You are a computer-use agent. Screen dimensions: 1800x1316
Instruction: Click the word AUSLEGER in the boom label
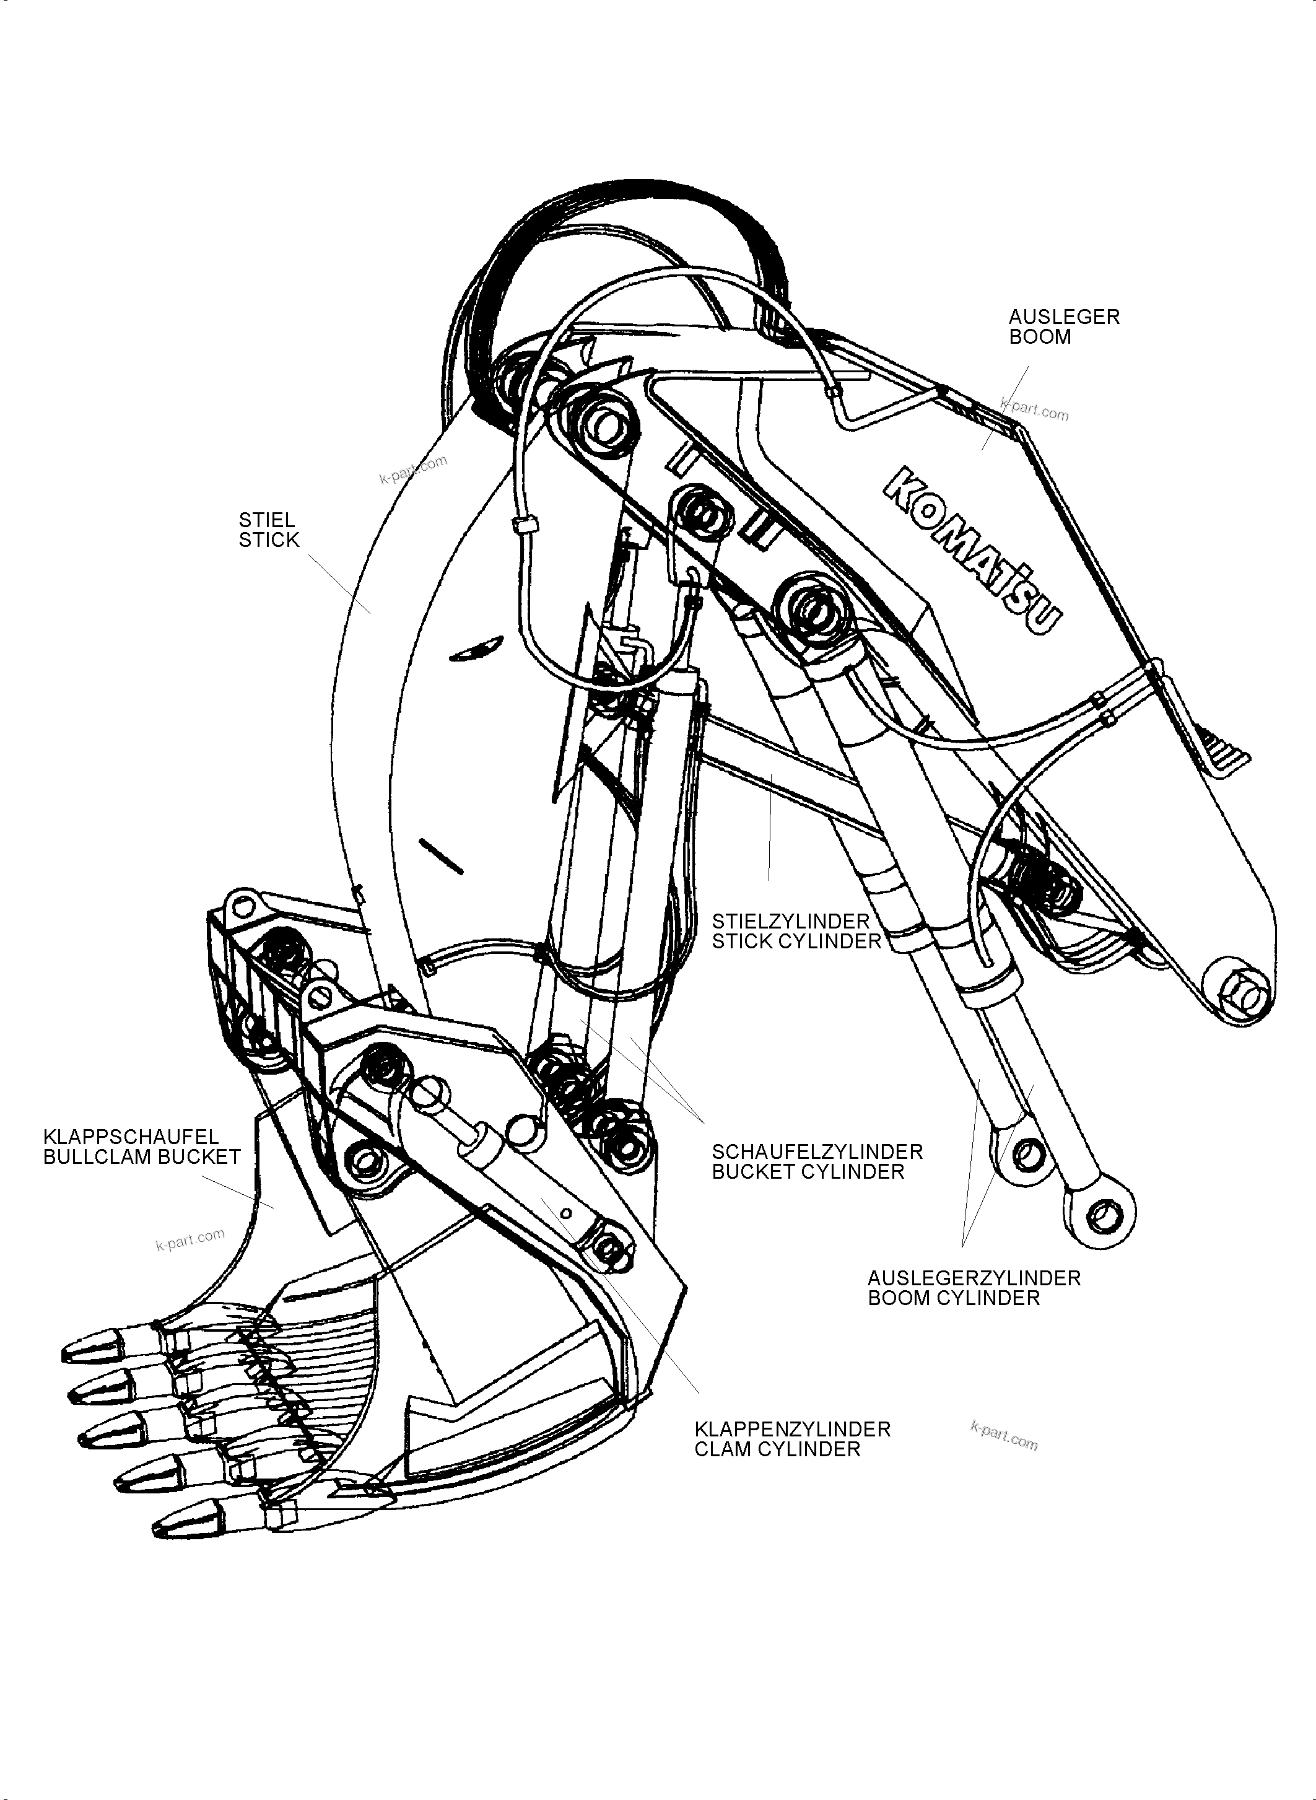(x=1063, y=317)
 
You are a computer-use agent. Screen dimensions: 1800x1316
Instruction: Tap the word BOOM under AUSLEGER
(x=1040, y=336)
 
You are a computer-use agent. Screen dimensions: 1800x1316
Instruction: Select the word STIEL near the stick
(x=267, y=520)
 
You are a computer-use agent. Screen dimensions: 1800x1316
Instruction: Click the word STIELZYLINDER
(x=790, y=921)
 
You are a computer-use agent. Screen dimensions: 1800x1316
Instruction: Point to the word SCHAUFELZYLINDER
(x=816, y=1151)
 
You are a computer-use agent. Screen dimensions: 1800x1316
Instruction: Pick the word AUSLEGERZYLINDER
(x=974, y=1278)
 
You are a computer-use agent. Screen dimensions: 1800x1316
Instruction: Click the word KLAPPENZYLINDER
(x=792, y=1429)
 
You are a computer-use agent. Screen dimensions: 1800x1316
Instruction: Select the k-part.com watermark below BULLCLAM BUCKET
(x=190, y=1239)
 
